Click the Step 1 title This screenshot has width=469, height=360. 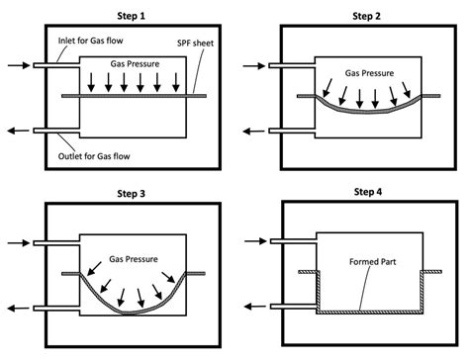(133, 15)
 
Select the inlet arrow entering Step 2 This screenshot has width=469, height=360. (252, 66)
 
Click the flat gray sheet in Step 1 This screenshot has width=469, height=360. (133, 95)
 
